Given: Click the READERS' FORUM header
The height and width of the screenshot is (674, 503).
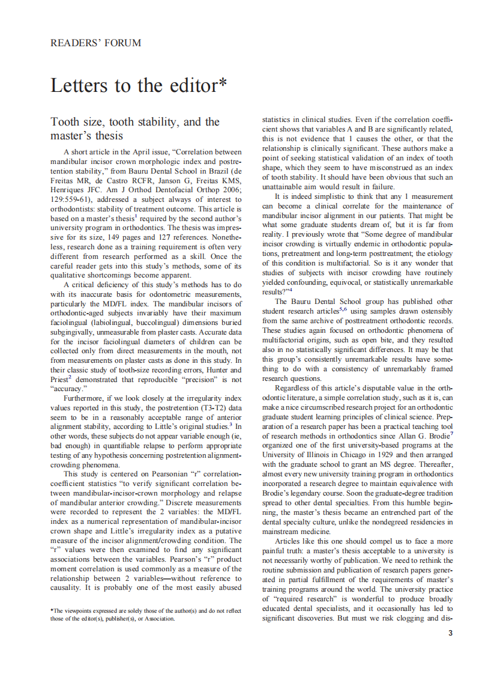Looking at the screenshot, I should click(96, 43).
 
